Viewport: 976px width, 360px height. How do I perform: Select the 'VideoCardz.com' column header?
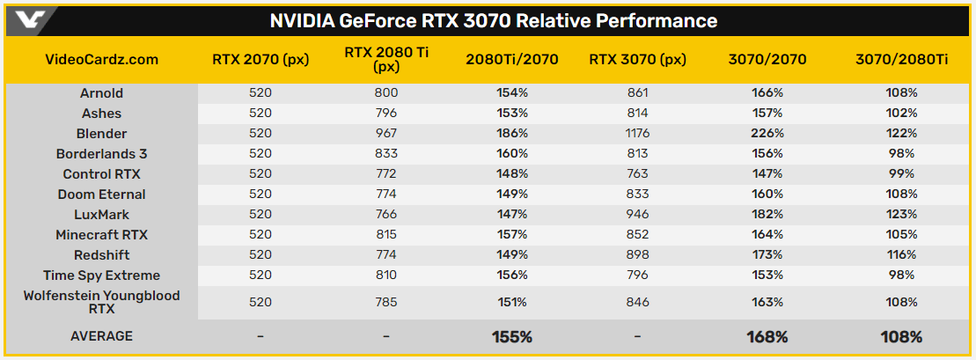click(x=101, y=60)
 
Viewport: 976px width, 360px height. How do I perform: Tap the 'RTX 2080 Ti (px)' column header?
click(x=386, y=60)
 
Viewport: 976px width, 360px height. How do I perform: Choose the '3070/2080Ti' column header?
click(x=901, y=60)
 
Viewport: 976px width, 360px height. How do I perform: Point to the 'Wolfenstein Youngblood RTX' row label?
click(x=101, y=302)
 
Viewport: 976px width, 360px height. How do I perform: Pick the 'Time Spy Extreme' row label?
click(x=101, y=276)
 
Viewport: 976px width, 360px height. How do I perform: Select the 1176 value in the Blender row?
click(x=637, y=134)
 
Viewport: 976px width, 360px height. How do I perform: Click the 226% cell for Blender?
click(x=768, y=134)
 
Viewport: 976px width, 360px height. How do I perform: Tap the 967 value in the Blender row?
click(x=386, y=134)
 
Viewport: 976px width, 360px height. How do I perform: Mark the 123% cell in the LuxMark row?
click(x=901, y=215)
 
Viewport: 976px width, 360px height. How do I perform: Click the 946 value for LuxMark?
click(x=637, y=215)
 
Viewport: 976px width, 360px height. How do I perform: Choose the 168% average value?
click(x=768, y=336)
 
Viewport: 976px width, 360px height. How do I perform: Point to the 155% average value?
click(x=511, y=336)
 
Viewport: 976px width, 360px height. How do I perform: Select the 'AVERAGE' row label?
click(x=101, y=336)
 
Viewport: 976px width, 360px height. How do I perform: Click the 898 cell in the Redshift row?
click(x=637, y=255)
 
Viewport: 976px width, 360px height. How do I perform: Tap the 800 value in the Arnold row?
click(x=386, y=93)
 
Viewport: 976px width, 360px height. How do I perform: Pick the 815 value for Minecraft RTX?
click(x=386, y=235)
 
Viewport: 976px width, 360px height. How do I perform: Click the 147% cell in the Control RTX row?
click(x=768, y=174)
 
